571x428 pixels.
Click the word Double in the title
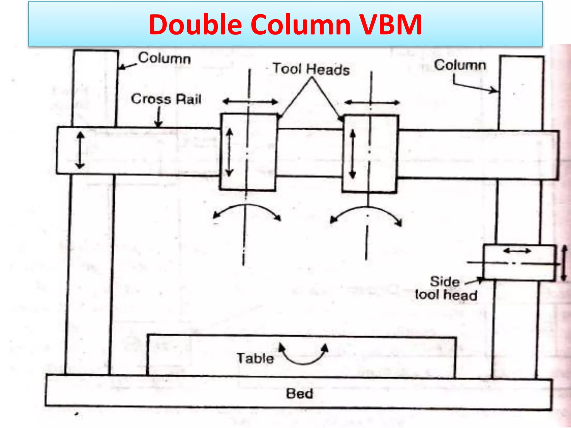coord(195,25)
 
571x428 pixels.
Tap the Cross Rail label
coord(166,99)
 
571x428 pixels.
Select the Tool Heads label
coord(311,69)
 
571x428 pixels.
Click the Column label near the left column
coord(164,59)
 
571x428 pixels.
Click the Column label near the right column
coord(460,65)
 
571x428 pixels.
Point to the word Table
coord(255,358)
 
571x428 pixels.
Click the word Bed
coord(300,394)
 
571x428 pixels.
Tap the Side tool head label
coord(446,288)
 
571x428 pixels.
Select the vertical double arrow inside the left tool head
coord(229,152)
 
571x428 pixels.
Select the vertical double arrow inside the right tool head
coord(353,154)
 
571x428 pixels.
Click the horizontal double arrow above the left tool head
coord(250,102)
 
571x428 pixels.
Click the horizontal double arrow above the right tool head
coord(372,103)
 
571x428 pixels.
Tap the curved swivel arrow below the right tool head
coord(366,213)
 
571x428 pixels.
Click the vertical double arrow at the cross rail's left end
coord(80,150)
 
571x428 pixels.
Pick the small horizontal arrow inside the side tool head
coord(517,251)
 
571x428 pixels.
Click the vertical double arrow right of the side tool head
coord(564,263)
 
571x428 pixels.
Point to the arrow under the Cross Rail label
coord(158,117)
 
